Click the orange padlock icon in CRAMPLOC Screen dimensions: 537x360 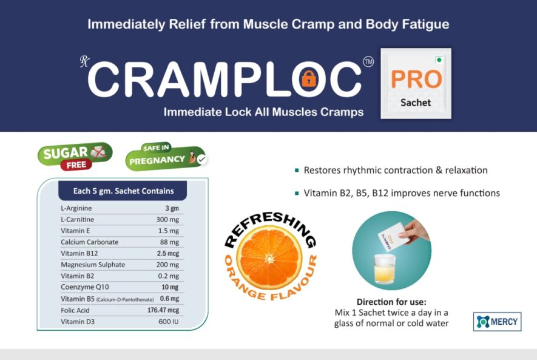(309, 80)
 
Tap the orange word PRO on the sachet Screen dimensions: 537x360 (416, 80)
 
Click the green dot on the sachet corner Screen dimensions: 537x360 (439, 60)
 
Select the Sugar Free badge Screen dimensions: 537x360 (75, 156)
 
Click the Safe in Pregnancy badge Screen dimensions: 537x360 (166, 157)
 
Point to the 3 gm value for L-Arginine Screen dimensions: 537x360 (172, 208)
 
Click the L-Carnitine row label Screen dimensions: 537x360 (78, 220)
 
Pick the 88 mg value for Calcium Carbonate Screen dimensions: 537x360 (169, 242)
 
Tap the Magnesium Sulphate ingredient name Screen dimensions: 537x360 (93, 265)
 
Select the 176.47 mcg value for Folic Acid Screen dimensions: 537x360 (163, 310)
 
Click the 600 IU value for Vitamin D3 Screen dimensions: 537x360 (169, 322)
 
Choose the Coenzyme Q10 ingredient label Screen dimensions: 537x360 (85, 287)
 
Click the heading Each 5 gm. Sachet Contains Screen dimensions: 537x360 (123, 191)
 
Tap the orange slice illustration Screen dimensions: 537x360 (270, 259)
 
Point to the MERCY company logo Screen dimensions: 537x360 (498, 322)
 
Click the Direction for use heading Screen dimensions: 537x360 (391, 302)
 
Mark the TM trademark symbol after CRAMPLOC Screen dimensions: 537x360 (368, 62)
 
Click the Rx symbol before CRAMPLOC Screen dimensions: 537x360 (84, 62)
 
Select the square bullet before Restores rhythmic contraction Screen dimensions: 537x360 (297, 170)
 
